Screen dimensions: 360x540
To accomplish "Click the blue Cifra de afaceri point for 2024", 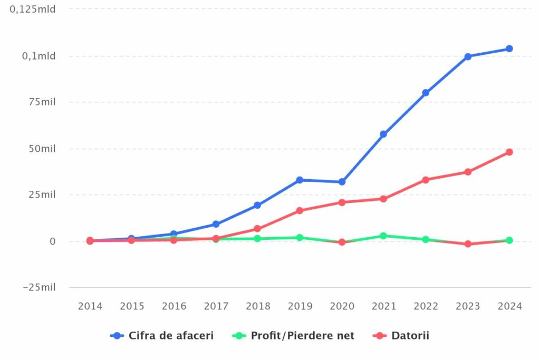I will click(x=509, y=48).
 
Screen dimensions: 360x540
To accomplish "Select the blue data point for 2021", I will click(x=383, y=134).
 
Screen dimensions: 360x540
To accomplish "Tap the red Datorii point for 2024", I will click(x=509, y=152).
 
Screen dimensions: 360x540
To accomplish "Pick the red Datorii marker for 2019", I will click(x=300, y=210).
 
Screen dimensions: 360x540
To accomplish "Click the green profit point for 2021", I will click(x=383, y=236).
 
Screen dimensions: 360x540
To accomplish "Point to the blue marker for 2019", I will click(x=300, y=180).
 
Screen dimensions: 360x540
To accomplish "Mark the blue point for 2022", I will click(x=426, y=93).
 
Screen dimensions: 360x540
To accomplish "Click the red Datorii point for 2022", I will click(x=426, y=180).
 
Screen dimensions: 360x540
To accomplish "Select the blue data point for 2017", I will click(x=216, y=224).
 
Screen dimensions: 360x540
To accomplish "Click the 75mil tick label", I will click(x=42, y=102).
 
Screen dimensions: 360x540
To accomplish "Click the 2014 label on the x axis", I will click(x=90, y=306).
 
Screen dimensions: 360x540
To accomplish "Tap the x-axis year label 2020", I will click(x=342, y=306).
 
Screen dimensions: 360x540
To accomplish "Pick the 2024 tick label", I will click(x=509, y=306).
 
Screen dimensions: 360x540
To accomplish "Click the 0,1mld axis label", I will click(x=38, y=56).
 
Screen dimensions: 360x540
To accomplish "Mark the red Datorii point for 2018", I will click(x=257, y=229).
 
